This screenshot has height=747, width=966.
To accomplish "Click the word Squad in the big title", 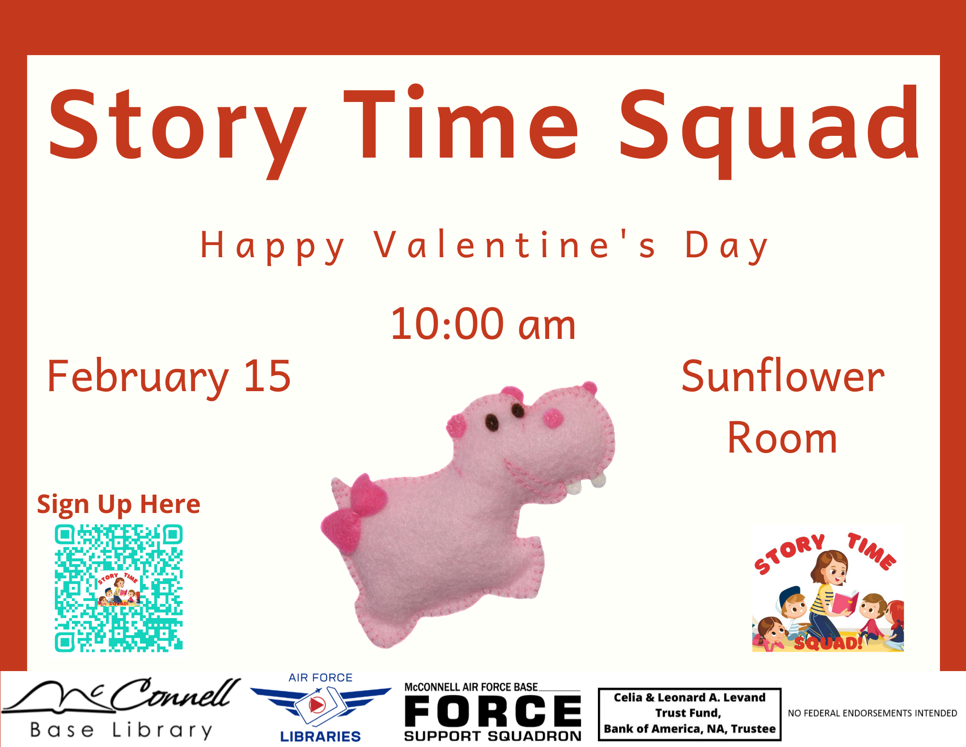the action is (x=770, y=131).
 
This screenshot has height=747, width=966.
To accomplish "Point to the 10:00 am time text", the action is (x=483, y=324).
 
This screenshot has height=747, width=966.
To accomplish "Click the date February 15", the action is (x=169, y=377).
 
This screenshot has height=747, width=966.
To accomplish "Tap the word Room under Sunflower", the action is (x=782, y=438).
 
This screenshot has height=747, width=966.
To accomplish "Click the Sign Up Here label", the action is (x=119, y=505).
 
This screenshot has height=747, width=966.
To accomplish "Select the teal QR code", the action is (x=119, y=588).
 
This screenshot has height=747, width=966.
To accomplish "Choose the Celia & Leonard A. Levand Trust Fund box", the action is (x=690, y=714).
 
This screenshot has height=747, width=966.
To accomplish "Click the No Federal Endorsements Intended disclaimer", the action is (x=872, y=713).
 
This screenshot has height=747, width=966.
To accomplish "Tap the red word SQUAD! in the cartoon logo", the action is (x=829, y=643).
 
